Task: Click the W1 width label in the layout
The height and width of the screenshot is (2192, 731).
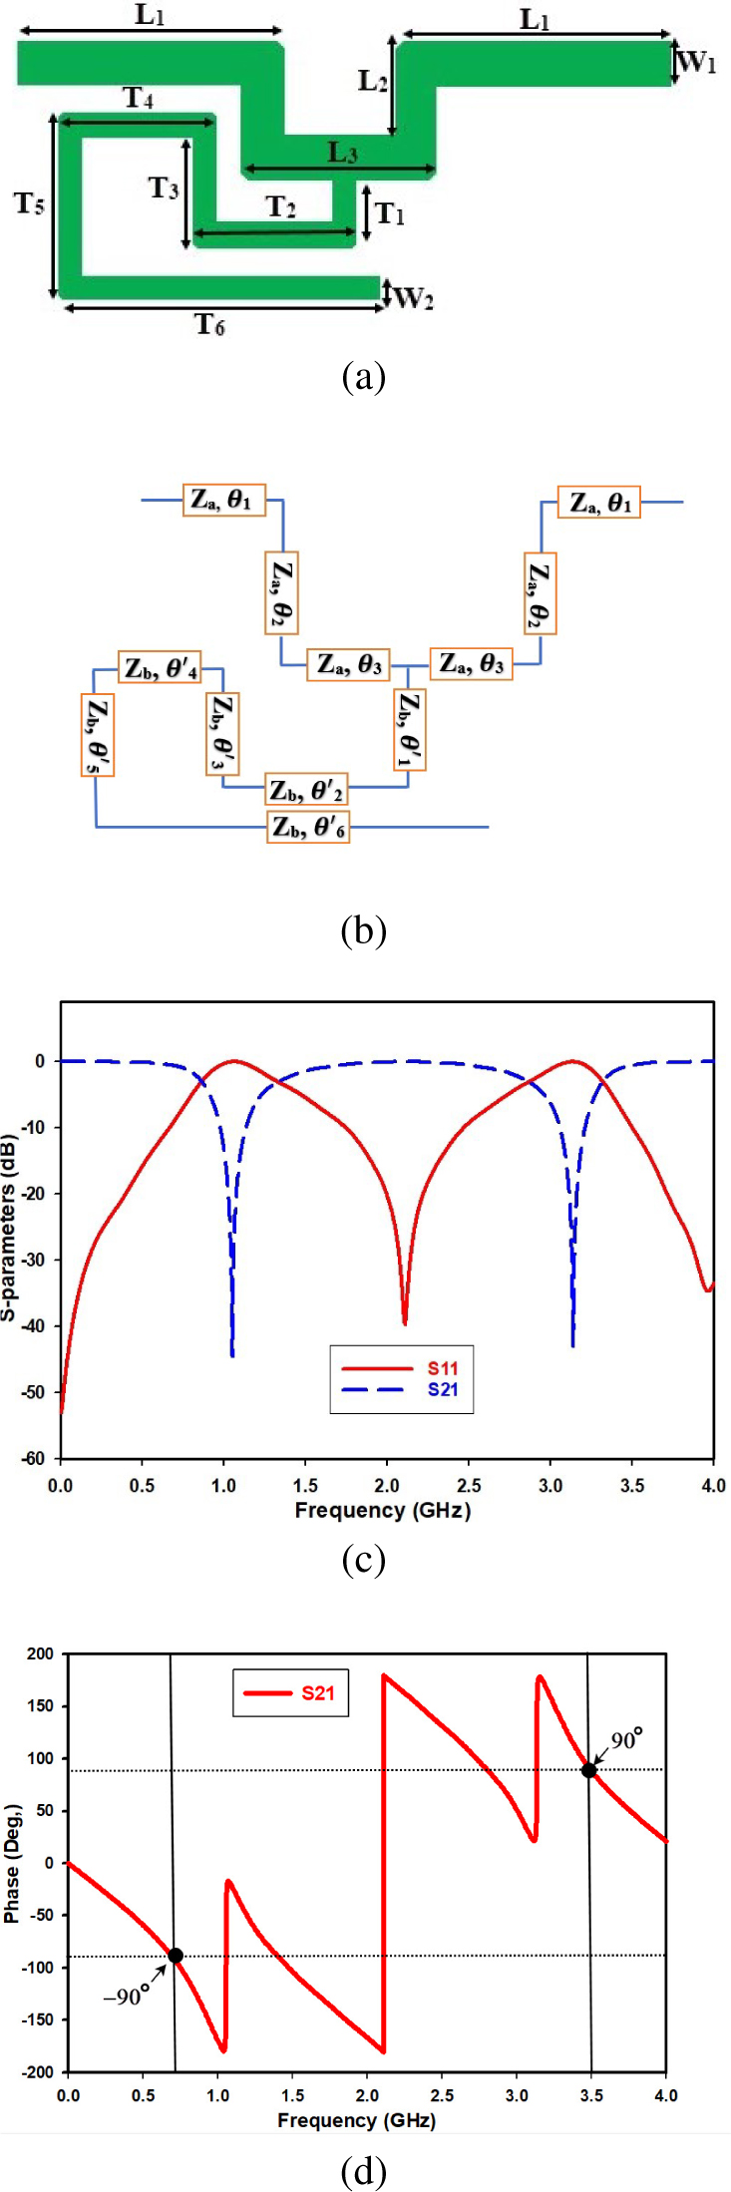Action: click(697, 63)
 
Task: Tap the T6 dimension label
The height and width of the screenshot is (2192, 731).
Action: click(209, 324)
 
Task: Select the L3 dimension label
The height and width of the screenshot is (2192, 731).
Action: click(342, 153)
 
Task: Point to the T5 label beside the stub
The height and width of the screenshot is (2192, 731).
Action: click(29, 204)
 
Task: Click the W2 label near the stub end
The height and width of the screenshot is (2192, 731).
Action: click(414, 297)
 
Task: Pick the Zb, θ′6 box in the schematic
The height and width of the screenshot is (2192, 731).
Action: click(308, 827)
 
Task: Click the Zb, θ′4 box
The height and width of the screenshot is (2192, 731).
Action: click(160, 668)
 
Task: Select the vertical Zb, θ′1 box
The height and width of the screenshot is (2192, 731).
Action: click(408, 731)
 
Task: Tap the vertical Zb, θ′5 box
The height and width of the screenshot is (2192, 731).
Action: click(97, 735)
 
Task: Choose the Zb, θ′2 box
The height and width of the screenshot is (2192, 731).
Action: click(306, 791)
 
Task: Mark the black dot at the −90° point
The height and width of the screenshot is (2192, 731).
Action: click(176, 1956)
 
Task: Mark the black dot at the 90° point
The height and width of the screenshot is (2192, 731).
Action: click(589, 1770)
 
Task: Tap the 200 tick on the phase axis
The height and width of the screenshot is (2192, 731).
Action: click(41, 1653)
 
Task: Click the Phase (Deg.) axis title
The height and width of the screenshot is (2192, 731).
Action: click(11, 1863)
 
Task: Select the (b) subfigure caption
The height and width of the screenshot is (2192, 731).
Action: click(363, 929)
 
